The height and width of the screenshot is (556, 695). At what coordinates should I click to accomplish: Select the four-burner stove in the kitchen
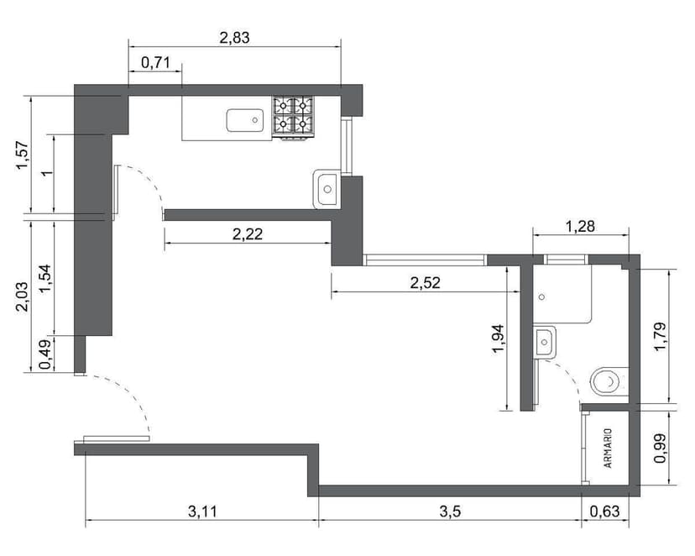(x=293, y=116)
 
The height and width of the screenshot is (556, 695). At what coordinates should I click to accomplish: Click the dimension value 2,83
(x=234, y=38)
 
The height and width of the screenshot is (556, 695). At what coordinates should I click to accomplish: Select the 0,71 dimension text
(x=155, y=61)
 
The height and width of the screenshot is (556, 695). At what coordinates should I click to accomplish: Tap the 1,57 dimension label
(x=23, y=155)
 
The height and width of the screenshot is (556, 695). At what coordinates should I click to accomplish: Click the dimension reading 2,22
(x=248, y=234)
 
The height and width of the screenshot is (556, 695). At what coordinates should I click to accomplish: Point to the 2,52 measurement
(x=426, y=282)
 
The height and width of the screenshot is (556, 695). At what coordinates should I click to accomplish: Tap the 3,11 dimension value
(x=201, y=511)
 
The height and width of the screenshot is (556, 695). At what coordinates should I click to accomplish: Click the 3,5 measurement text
(x=450, y=511)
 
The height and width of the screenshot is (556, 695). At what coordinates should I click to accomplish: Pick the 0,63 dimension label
(x=604, y=511)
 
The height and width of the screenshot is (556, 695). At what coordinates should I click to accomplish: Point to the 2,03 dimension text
(x=23, y=296)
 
